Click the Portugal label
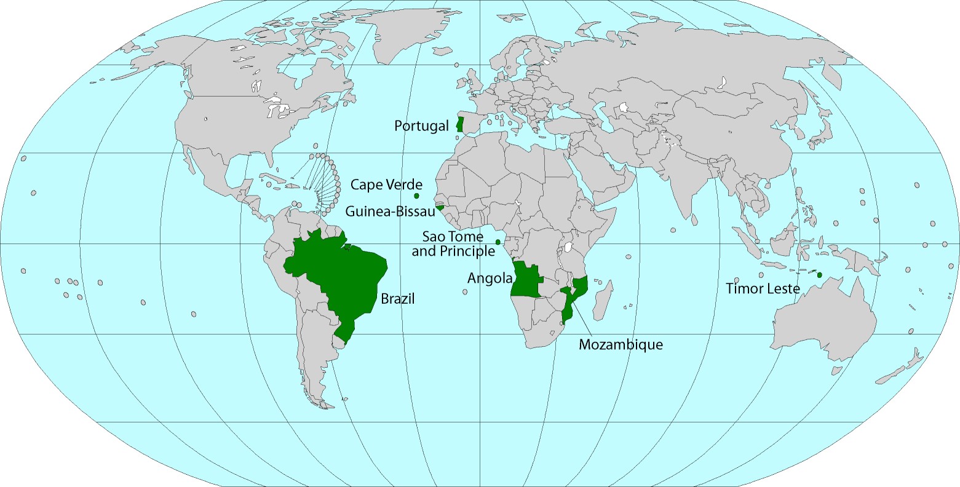pos(422,126)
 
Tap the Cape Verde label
pos(386,184)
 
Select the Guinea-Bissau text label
pos(390,212)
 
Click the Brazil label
pos(398,299)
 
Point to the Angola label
pos(490,278)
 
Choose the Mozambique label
pos(621,344)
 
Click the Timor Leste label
pos(763,288)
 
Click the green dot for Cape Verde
pos(416,196)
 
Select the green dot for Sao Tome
pos(498,242)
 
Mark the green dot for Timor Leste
pos(819,274)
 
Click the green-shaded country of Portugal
pos(459,125)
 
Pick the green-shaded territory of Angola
pos(526,280)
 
